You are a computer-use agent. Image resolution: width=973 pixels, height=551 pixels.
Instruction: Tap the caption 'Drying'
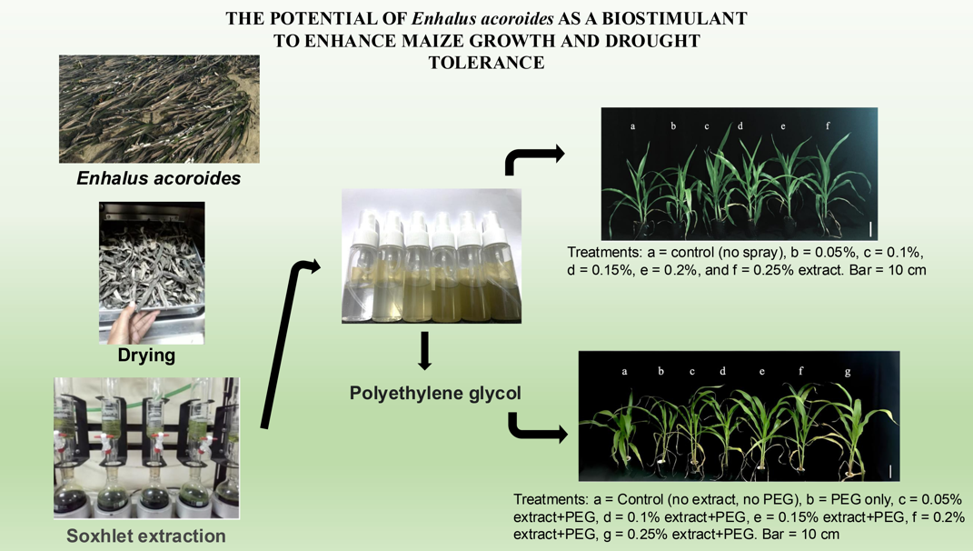(x=146, y=356)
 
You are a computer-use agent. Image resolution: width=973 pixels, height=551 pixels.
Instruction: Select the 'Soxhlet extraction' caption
(x=146, y=536)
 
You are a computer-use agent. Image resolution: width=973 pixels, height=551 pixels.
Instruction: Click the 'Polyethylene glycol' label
(x=435, y=393)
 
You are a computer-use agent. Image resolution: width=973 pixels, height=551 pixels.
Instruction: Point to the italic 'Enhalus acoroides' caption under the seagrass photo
(x=159, y=178)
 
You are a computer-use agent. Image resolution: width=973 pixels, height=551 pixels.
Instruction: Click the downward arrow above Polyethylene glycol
(x=424, y=351)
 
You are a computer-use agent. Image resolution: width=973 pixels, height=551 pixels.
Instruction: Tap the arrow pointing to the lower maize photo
(x=538, y=428)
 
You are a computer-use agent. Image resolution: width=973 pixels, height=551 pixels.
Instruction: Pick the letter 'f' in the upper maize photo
(x=828, y=125)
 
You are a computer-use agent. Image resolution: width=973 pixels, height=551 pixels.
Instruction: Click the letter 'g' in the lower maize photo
(x=847, y=372)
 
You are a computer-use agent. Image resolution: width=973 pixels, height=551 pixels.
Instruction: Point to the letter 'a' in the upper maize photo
(x=633, y=126)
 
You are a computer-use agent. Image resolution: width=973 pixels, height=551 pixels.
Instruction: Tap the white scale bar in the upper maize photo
(x=870, y=228)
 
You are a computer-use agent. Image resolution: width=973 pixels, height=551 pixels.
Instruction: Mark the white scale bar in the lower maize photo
(x=889, y=471)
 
